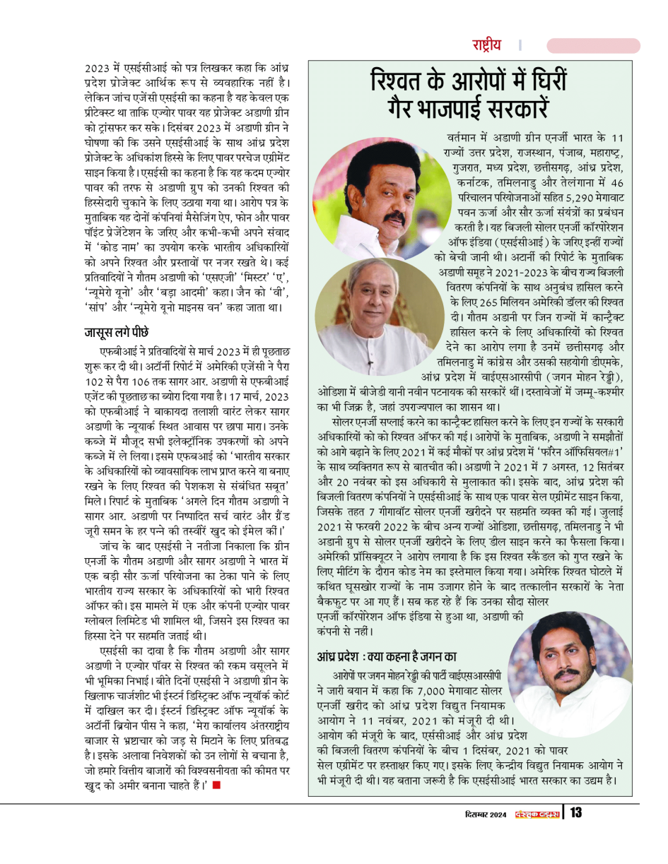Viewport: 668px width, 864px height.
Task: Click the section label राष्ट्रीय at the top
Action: click(x=487, y=45)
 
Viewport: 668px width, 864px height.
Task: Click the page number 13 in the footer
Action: click(x=576, y=813)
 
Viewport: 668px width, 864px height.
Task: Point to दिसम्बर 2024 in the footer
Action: click(x=481, y=814)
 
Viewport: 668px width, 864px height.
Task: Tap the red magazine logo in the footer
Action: click(x=537, y=814)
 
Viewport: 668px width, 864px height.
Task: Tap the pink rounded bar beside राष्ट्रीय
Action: click(x=593, y=45)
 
